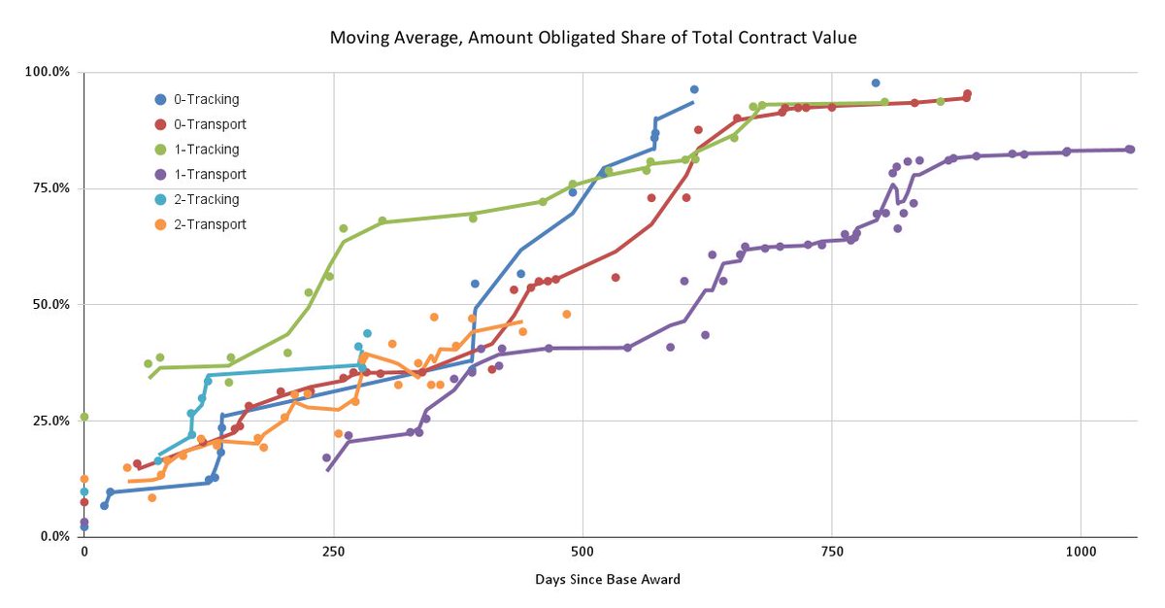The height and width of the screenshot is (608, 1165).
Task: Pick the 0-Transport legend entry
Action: [210, 124]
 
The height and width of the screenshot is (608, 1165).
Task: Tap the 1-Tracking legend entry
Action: [206, 150]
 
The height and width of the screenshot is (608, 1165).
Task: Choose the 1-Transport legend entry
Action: [210, 175]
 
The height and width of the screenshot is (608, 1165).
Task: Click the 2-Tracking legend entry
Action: [206, 199]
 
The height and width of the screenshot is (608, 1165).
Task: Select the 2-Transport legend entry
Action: [210, 224]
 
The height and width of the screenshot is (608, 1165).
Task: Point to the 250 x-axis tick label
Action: [333, 553]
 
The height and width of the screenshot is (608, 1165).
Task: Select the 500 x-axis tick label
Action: [582, 553]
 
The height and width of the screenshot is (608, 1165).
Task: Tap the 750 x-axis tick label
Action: [832, 553]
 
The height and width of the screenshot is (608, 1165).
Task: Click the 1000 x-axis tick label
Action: [1081, 553]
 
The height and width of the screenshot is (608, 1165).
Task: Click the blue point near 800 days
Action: [876, 84]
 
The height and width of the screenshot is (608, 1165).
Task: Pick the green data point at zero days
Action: [84, 417]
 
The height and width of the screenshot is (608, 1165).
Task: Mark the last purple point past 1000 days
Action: [1130, 150]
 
